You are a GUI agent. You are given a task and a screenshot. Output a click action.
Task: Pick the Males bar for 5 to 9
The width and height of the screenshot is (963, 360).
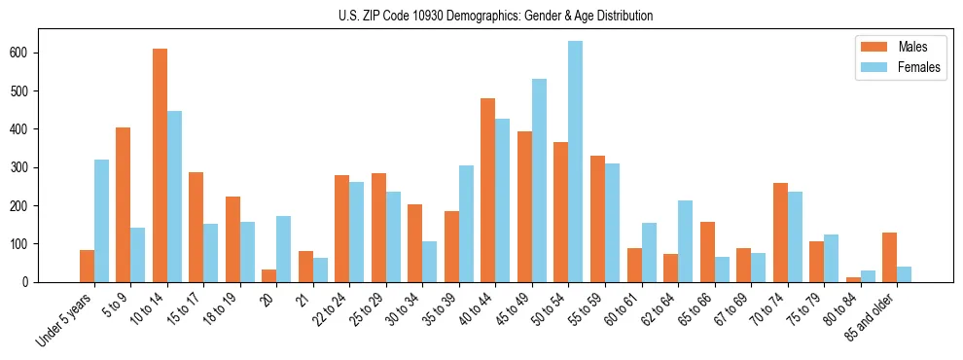point(124,204)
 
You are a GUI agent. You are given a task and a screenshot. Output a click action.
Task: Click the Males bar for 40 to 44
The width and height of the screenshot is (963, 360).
point(488,190)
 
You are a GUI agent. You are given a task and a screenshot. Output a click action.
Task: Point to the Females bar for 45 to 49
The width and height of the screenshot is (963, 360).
point(539,180)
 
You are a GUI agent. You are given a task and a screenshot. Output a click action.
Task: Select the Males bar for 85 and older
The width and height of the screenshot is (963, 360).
point(889,257)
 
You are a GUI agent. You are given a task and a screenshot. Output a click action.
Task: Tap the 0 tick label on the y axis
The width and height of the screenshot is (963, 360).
point(31,282)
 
